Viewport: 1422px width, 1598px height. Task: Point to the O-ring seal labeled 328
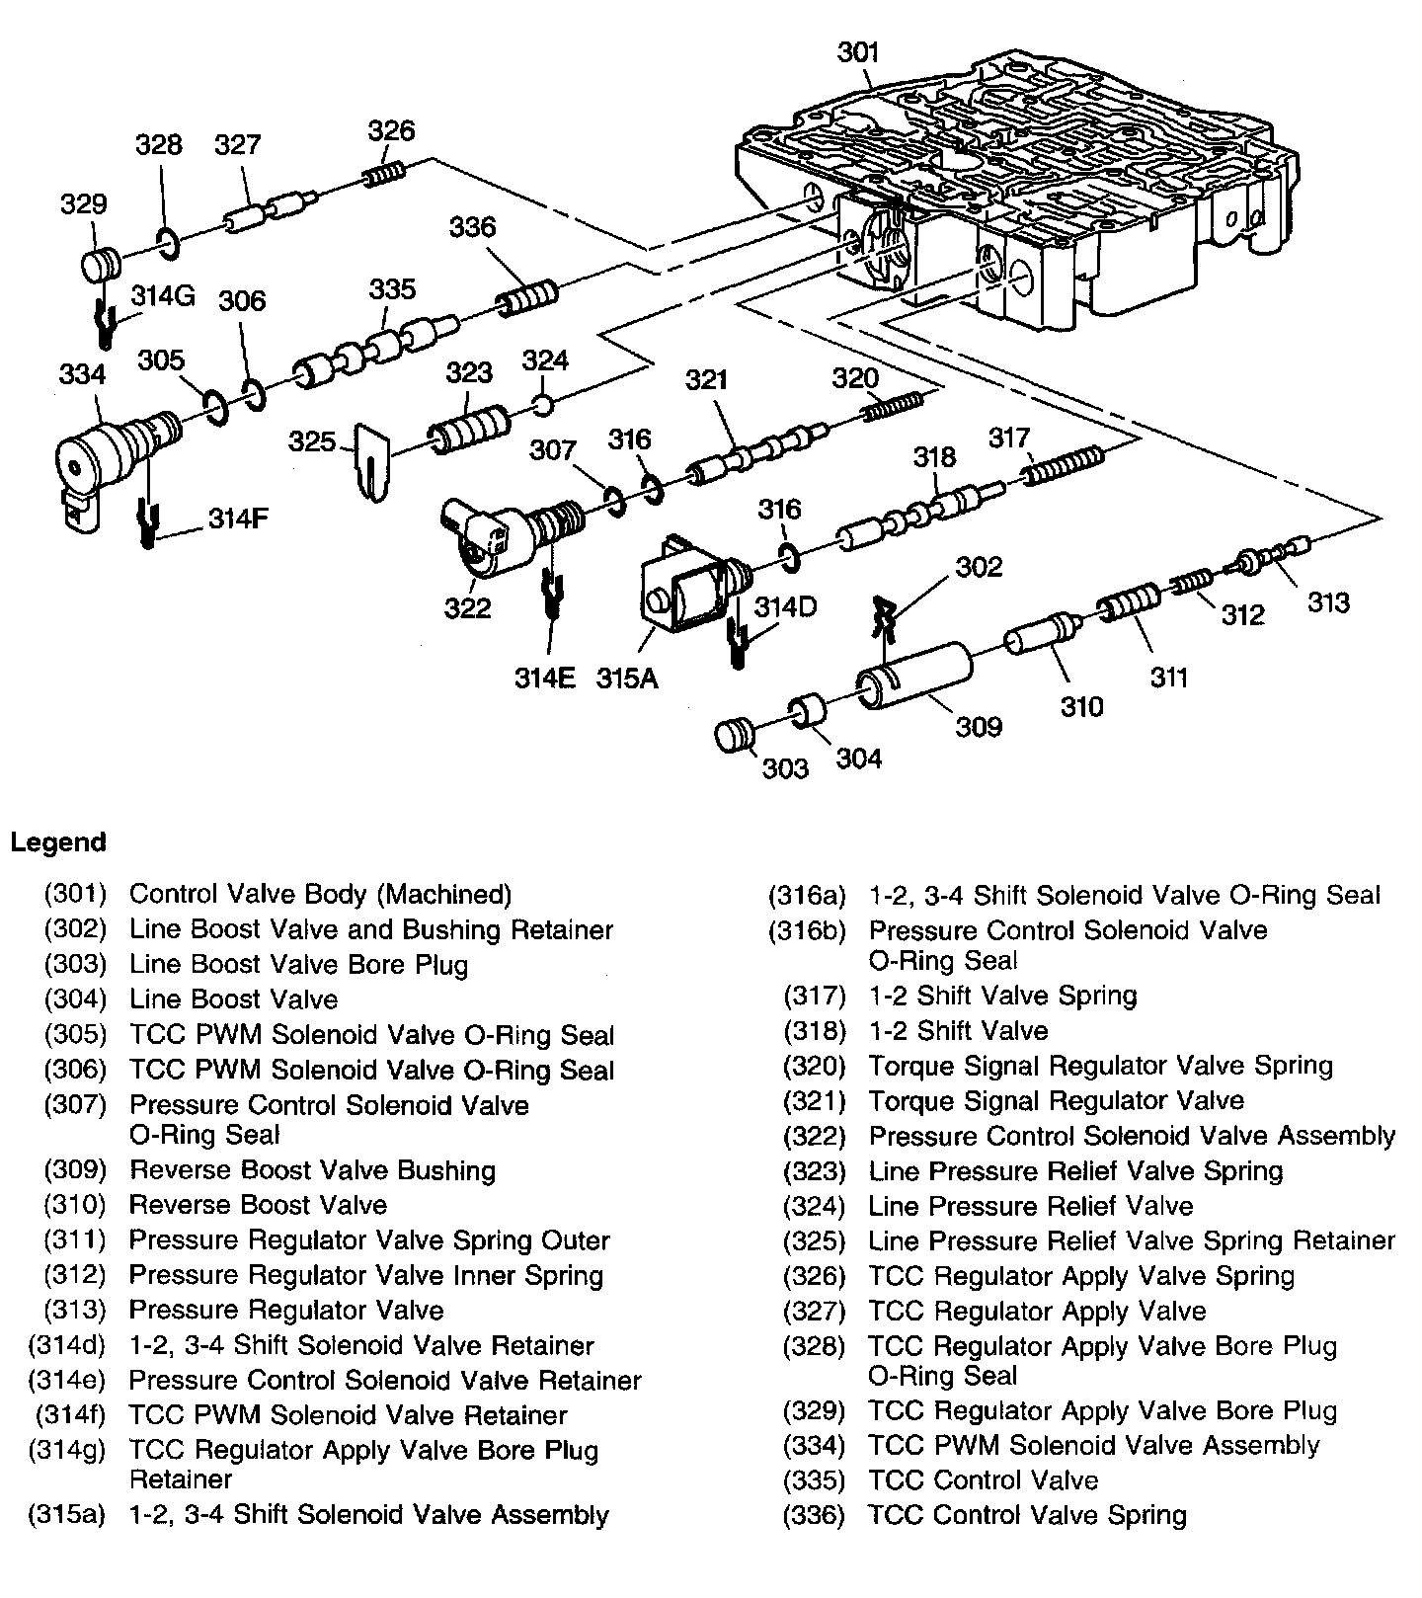168,242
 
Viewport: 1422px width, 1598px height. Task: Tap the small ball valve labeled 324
542,404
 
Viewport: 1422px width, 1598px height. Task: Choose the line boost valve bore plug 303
735,736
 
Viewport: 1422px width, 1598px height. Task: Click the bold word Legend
57,842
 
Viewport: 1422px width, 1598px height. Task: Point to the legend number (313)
75,1311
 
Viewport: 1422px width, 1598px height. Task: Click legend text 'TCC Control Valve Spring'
1027,1515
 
